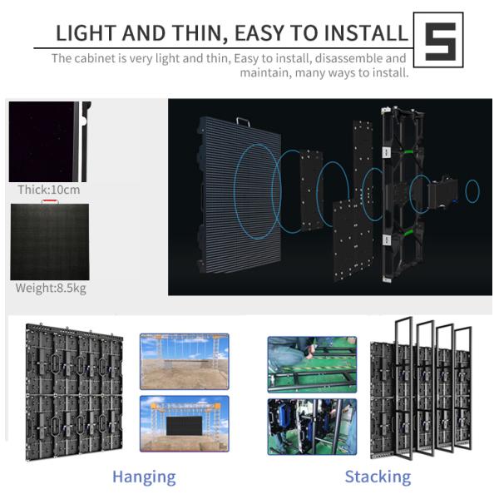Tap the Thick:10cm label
[x=49, y=190]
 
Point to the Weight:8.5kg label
[x=50, y=289]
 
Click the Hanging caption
[x=144, y=477]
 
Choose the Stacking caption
[x=378, y=477]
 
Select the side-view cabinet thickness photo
[x=49, y=141]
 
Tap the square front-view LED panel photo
[x=49, y=242]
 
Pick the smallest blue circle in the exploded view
[x=472, y=191]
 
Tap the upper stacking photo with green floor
[x=312, y=363]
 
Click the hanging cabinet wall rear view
[x=73, y=390]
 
